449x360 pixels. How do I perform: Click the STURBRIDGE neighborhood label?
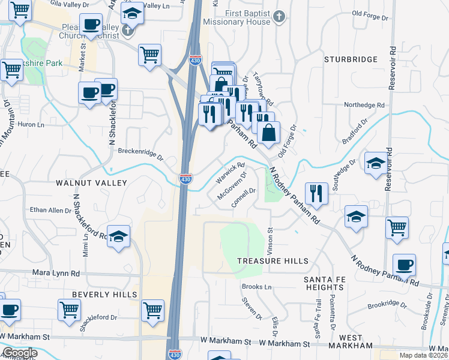(x=351, y=59)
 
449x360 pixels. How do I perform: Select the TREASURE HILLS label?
(x=273, y=261)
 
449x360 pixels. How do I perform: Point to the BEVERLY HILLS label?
(x=104, y=295)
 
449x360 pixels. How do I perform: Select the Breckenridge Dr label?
(x=140, y=154)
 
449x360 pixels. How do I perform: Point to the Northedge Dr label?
(x=364, y=104)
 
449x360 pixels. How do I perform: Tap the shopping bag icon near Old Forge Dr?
(x=270, y=132)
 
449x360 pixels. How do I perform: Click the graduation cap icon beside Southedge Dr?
(x=376, y=163)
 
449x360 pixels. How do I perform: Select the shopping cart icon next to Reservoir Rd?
(x=397, y=228)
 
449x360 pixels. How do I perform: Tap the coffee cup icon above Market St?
(x=91, y=25)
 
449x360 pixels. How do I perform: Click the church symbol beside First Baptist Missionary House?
(x=279, y=17)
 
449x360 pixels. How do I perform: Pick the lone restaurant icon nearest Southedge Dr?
(x=316, y=193)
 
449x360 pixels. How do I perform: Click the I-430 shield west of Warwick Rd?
(x=186, y=179)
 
